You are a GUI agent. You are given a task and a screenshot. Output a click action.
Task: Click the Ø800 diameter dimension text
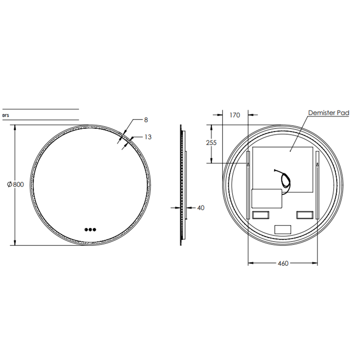[16, 184]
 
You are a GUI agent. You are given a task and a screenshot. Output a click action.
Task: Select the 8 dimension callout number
[146, 120]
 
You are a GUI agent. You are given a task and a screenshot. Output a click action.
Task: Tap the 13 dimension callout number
[148, 137]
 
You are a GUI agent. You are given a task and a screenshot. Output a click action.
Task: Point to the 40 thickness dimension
[201, 208]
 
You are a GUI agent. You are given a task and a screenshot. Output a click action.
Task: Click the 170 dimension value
[235, 115]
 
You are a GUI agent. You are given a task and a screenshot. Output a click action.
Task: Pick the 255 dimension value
[211, 143]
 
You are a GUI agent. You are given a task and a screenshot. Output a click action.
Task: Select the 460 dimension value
[283, 263]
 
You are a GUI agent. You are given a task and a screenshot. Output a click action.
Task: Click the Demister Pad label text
[328, 113]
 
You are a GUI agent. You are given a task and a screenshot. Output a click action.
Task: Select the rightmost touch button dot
[94, 229]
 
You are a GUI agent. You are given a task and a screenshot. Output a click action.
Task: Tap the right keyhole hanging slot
[317, 164]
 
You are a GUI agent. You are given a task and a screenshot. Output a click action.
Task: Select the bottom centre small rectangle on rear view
[283, 229]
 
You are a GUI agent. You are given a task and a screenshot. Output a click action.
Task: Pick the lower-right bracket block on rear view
[305, 215]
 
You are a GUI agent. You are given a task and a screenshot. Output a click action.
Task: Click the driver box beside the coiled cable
[266, 199]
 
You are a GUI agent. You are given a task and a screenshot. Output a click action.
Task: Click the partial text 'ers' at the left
[6, 115]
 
